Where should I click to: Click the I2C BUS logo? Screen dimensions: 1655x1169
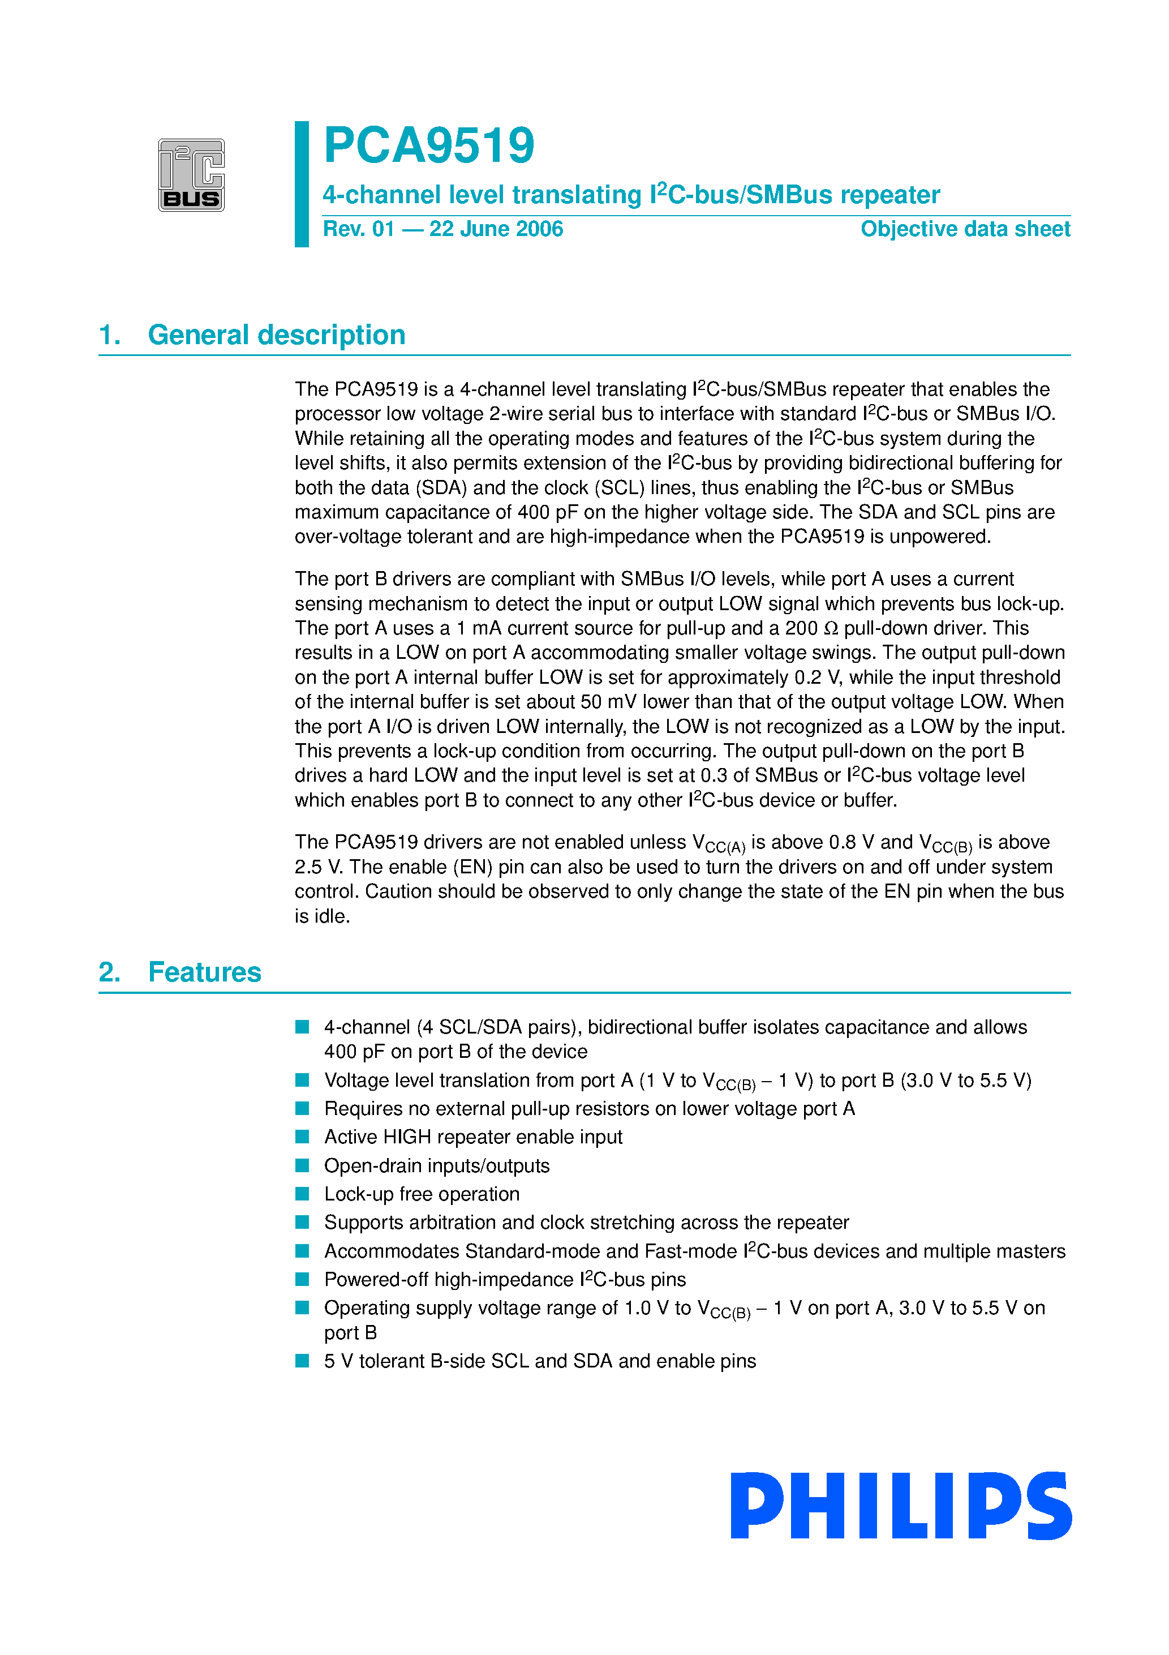click(191, 175)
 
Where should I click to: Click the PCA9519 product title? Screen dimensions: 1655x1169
click(429, 145)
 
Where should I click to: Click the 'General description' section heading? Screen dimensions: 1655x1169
click(276, 335)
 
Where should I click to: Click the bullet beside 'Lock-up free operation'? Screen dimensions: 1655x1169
click(303, 1194)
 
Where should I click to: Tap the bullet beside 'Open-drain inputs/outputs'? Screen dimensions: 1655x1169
click(303, 1165)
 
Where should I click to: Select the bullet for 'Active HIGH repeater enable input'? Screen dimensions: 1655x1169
click(303, 1137)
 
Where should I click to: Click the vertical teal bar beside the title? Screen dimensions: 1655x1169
click(302, 184)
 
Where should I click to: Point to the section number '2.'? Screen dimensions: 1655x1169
click(110, 972)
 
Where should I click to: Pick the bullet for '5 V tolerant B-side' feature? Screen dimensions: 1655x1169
click(303, 1361)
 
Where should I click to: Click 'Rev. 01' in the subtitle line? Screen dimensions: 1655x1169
click(358, 229)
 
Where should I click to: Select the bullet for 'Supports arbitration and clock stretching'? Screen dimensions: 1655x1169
click(303, 1223)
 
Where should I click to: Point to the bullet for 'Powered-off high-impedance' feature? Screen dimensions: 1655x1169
click(303, 1279)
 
